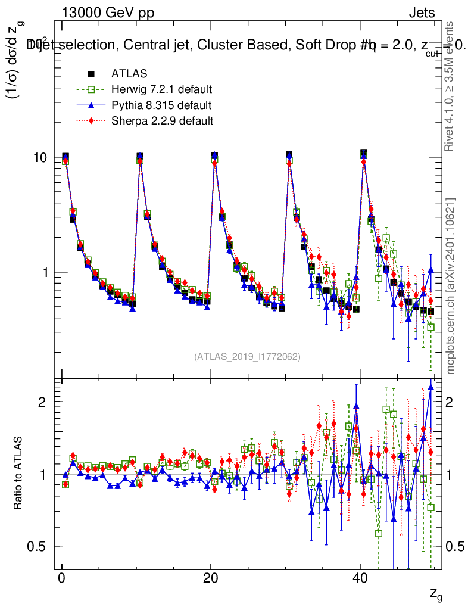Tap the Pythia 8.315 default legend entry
tap(161, 106)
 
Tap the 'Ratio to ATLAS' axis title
tap(18, 474)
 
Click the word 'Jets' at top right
tap(422, 13)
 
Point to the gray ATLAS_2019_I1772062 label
tap(247, 357)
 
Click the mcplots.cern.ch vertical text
tap(451, 286)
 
